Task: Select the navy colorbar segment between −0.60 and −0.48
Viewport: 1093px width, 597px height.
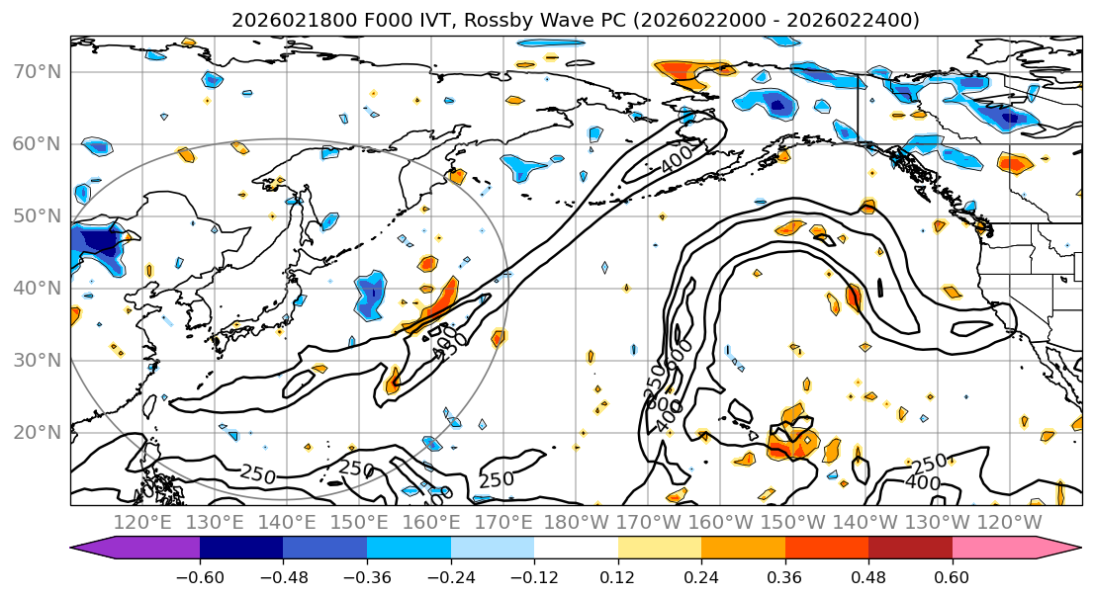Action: click(241, 548)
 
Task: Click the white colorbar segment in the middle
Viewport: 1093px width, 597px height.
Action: click(576, 548)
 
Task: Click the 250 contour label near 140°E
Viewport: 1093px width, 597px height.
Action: click(257, 474)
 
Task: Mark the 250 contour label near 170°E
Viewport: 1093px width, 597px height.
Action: click(496, 479)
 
